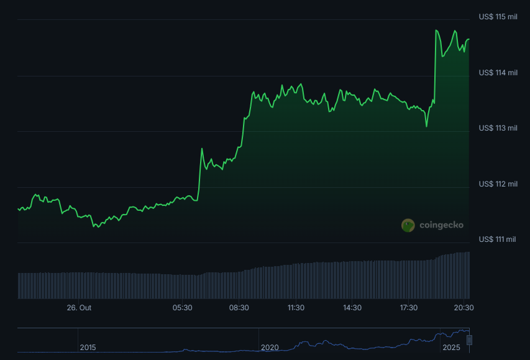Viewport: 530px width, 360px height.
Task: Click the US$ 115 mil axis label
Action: click(x=498, y=17)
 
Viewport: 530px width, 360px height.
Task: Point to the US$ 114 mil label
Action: click(x=498, y=73)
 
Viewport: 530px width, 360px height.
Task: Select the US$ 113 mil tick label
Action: click(x=498, y=128)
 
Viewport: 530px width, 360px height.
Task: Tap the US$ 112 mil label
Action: click(x=498, y=184)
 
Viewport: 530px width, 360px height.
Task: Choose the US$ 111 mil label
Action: click(x=498, y=239)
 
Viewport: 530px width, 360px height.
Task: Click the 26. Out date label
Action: click(x=79, y=308)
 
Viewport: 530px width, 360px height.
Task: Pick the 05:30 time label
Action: click(x=182, y=308)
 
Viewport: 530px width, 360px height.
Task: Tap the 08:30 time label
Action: click(x=239, y=308)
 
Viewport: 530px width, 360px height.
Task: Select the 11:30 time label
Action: click(x=296, y=308)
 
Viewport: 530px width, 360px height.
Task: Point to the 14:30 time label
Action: click(x=352, y=308)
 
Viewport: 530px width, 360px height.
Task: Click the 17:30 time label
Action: click(x=408, y=308)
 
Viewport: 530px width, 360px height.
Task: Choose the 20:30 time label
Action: click(x=464, y=308)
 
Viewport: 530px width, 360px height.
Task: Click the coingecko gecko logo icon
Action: click(x=408, y=225)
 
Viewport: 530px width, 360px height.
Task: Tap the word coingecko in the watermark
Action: click(x=441, y=225)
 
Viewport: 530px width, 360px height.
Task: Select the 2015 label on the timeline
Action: click(x=88, y=347)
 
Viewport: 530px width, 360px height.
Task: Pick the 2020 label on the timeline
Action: click(x=270, y=347)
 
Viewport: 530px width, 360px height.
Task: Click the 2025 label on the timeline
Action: click(x=451, y=347)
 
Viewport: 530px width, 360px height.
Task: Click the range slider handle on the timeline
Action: click(x=470, y=340)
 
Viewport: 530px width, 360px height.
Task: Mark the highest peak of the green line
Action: click(x=436, y=30)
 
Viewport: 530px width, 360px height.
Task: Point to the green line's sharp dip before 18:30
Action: click(x=427, y=126)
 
